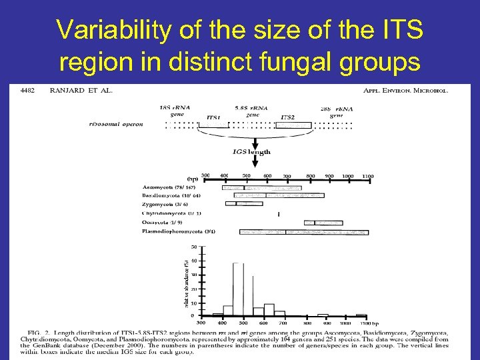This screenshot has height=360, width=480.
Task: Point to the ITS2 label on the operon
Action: pyautogui.click(x=288, y=117)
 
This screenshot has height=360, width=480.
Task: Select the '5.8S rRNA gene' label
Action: pyautogui.click(x=253, y=111)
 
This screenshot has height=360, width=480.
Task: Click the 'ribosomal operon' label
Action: pyautogui.click(x=117, y=124)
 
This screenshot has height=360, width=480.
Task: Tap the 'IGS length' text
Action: pyautogui.click(x=252, y=152)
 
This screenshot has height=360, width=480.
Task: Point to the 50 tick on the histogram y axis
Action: pyautogui.click(x=193, y=247)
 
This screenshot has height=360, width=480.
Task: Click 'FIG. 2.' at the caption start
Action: pyautogui.click(x=36, y=333)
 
